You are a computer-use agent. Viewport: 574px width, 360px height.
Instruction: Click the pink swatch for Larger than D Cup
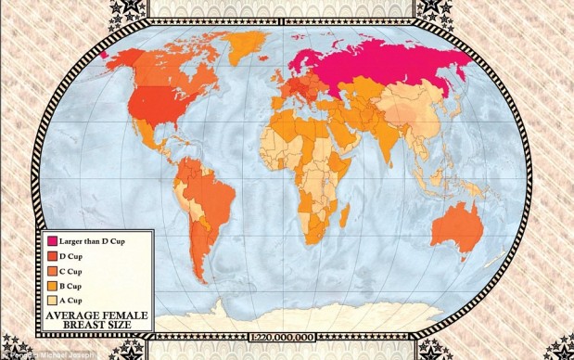(52, 240)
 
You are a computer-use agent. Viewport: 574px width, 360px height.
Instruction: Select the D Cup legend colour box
(52, 255)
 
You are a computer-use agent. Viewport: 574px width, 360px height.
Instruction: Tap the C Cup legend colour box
(52, 270)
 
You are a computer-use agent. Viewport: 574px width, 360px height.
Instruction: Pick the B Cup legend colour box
(52, 286)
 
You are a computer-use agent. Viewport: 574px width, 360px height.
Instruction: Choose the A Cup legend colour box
(52, 301)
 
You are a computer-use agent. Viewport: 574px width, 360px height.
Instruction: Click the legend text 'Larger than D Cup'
(98, 240)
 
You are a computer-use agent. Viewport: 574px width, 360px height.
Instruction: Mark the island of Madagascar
(344, 216)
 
